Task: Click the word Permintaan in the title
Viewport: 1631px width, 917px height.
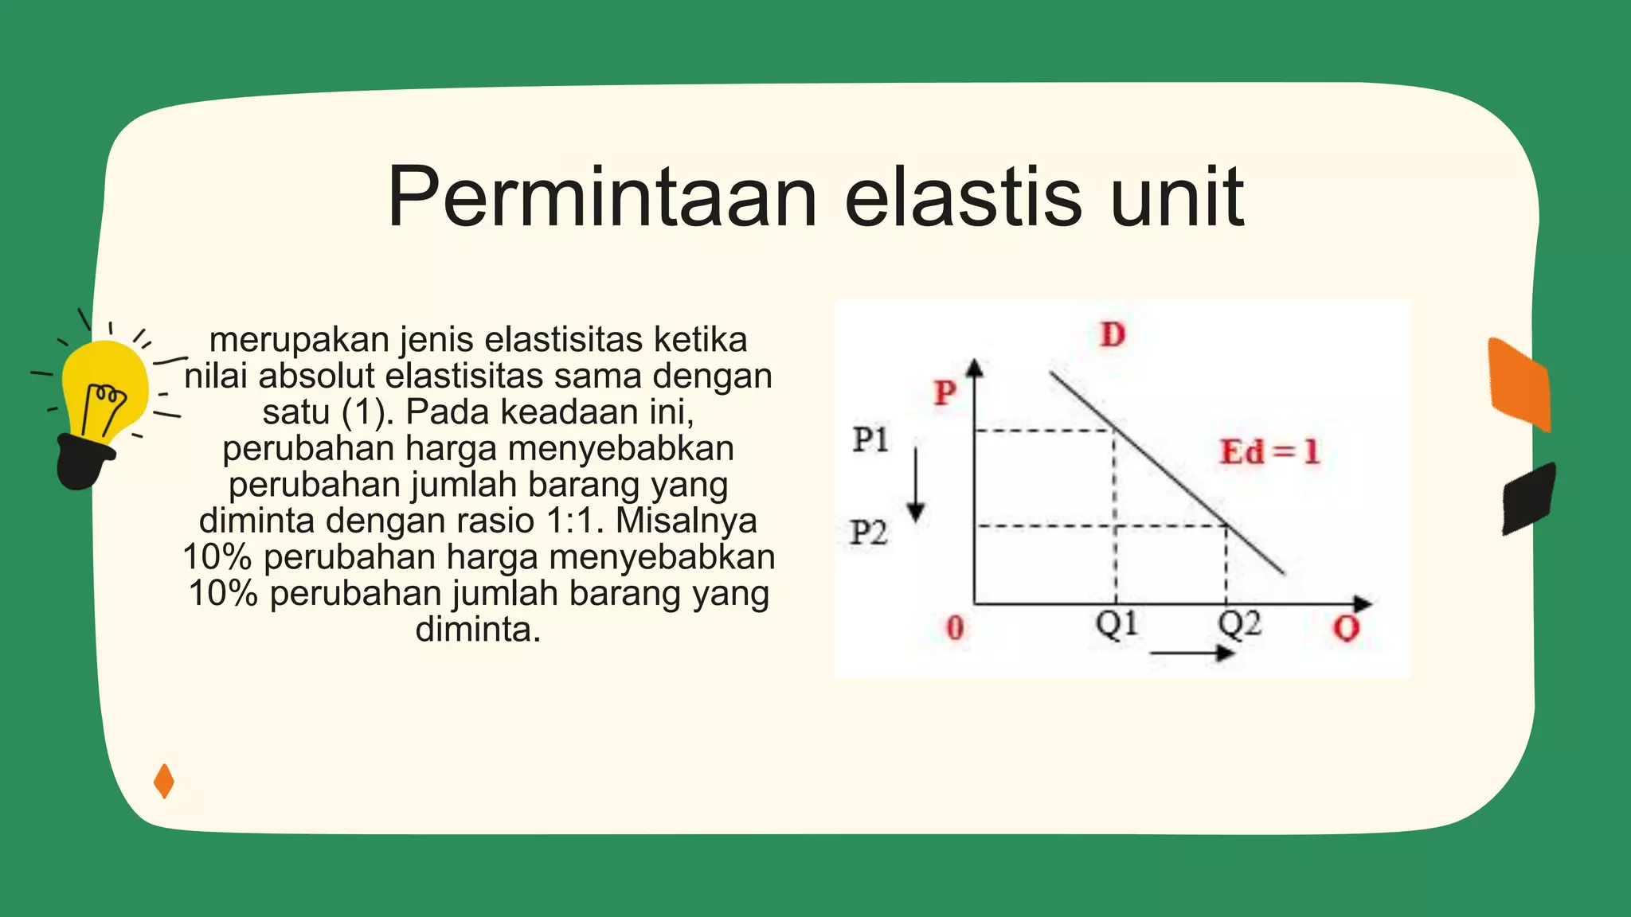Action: coord(602,197)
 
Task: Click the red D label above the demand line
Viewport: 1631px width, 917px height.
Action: coord(1113,335)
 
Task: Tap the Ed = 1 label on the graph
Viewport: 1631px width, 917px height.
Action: coord(1269,452)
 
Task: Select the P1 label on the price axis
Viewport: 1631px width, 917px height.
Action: coord(870,439)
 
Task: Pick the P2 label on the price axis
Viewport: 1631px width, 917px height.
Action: coord(868,533)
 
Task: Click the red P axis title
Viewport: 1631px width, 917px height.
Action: coord(945,392)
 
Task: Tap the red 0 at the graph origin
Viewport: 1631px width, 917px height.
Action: coord(955,628)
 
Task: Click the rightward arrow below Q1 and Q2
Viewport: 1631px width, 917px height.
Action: coord(1192,654)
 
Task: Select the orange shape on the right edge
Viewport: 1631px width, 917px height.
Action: coord(1520,384)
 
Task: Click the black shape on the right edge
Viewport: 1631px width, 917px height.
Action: coord(1527,498)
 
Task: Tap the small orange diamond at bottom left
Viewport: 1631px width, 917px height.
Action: coord(164,781)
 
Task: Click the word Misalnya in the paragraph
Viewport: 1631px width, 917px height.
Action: coord(686,521)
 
